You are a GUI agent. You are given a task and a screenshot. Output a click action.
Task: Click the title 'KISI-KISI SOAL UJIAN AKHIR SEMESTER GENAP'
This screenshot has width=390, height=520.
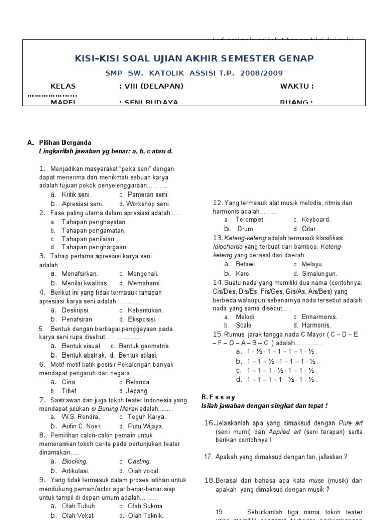click(x=194, y=58)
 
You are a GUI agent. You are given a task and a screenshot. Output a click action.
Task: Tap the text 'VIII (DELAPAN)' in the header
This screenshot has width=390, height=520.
click(x=151, y=86)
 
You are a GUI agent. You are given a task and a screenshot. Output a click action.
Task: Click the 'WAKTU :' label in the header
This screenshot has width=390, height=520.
click(x=297, y=86)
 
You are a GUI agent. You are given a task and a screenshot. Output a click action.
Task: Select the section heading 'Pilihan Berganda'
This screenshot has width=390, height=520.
click(x=66, y=143)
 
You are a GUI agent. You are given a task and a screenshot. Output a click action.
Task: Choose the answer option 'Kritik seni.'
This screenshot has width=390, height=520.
click(x=76, y=194)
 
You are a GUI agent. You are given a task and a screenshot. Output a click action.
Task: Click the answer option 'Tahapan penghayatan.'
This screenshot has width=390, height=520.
click(x=94, y=222)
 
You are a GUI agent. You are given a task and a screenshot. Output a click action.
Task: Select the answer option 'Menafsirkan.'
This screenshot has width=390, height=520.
click(x=80, y=274)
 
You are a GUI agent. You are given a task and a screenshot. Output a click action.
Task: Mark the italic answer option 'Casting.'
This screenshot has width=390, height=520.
click(x=139, y=462)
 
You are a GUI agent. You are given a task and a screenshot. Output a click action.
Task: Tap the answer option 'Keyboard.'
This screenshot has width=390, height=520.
click(x=315, y=220)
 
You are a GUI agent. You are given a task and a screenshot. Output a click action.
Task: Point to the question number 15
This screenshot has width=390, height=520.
click(x=218, y=334)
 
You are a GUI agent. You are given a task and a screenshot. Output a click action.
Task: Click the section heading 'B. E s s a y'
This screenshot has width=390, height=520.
click(x=218, y=397)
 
